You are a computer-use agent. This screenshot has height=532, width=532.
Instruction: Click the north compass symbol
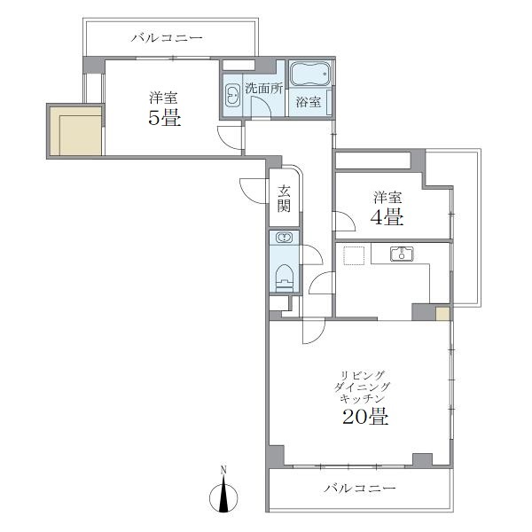[223, 494]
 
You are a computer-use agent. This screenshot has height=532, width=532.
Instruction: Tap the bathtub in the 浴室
[310, 74]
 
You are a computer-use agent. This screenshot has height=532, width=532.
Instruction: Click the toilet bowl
[284, 278]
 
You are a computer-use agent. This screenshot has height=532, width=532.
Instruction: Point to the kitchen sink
[402, 254]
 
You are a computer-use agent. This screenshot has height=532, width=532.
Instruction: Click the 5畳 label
[165, 117]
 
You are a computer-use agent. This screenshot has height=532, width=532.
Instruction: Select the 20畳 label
[365, 416]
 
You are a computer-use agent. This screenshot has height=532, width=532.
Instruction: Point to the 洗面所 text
[264, 89]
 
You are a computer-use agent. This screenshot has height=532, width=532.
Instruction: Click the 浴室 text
[308, 102]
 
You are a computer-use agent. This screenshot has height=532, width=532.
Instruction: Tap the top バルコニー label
[167, 37]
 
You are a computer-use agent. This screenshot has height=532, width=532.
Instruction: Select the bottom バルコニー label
[360, 489]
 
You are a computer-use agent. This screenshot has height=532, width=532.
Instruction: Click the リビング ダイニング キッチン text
[362, 387]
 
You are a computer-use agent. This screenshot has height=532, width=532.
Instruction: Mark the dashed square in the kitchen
[354, 255]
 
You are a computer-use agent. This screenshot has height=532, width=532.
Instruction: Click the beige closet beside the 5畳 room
[76, 131]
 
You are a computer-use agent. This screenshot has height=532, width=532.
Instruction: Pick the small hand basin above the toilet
[284, 238]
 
